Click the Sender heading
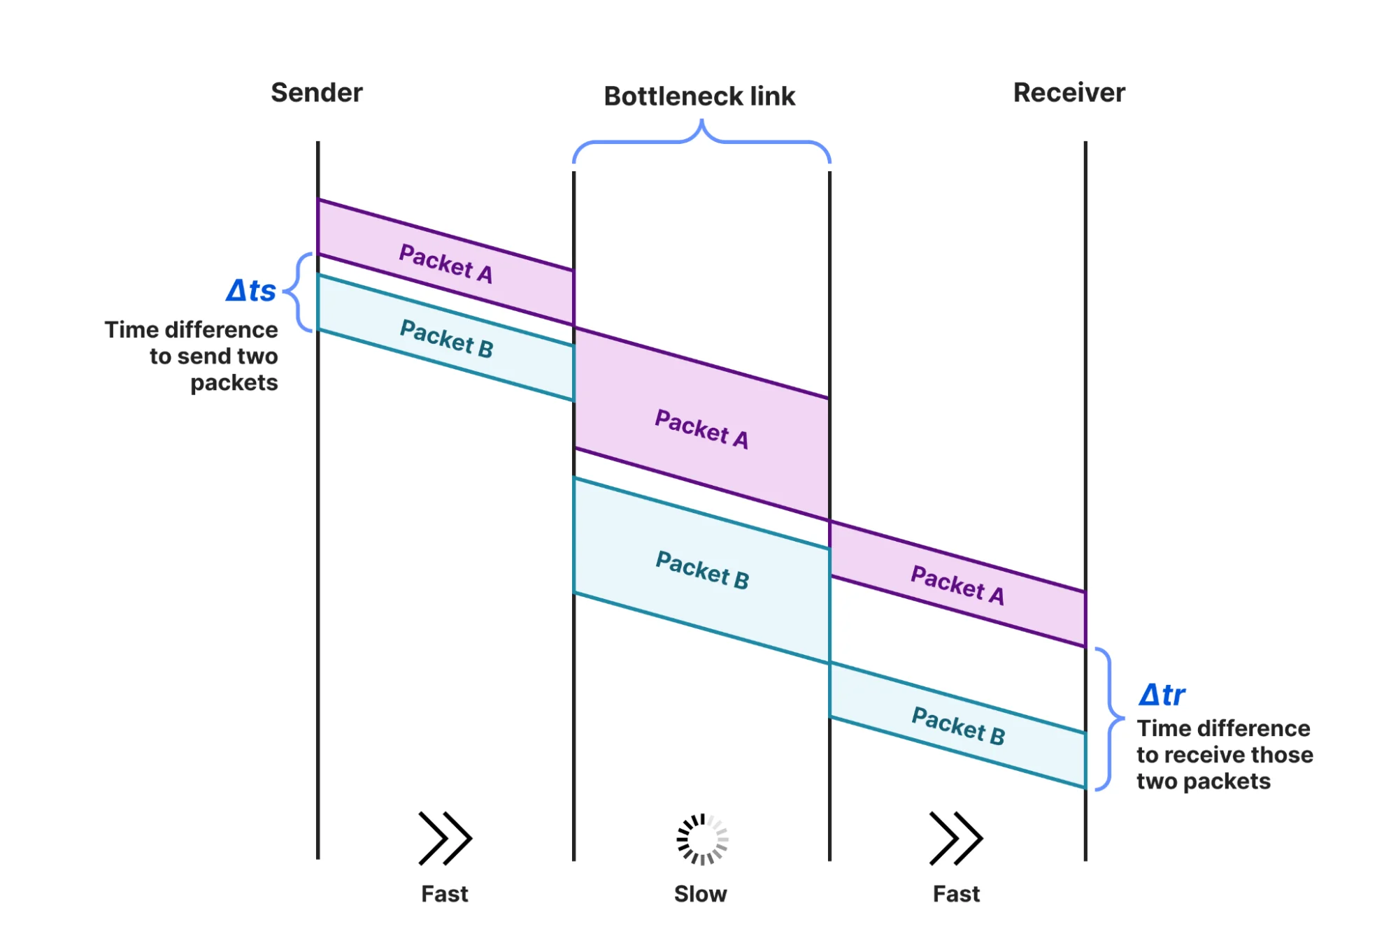point(316,92)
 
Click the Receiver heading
point(1069,92)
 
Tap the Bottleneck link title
point(699,96)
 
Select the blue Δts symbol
point(251,290)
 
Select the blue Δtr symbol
point(1162,695)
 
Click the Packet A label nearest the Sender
point(445,264)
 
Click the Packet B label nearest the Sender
point(446,338)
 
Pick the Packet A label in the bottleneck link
point(701,428)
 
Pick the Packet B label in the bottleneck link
point(702,570)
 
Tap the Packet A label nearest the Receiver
point(957,585)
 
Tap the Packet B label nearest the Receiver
point(958,726)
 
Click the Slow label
point(700,894)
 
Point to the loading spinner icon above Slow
point(702,839)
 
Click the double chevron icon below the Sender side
point(445,838)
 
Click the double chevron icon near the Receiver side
point(956,838)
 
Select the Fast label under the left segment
point(444,894)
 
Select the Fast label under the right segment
point(956,894)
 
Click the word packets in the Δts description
point(234,383)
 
